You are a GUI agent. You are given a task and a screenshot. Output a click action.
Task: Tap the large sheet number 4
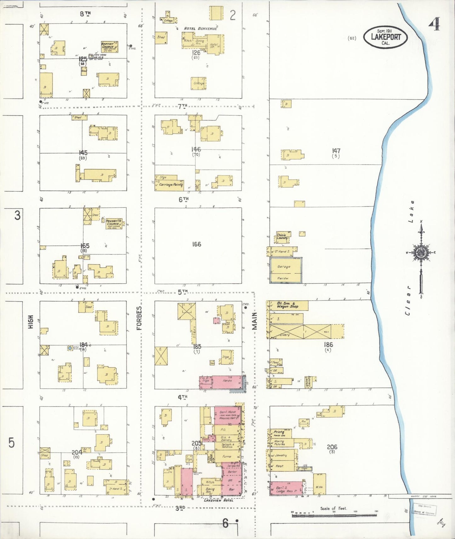[434, 24]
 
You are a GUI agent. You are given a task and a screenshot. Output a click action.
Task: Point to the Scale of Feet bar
[334, 515]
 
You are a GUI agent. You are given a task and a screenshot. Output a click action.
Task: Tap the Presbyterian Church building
[114, 224]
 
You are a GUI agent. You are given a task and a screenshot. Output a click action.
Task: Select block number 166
[196, 244]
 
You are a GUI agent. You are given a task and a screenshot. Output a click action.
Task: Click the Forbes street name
[139, 318]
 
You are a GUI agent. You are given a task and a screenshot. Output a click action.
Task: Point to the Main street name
[254, 321]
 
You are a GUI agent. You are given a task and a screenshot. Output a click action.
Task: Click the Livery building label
[284, 335]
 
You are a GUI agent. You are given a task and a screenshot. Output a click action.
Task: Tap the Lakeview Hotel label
[218, 500]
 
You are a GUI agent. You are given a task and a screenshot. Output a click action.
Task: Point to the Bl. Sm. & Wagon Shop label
[287, 305]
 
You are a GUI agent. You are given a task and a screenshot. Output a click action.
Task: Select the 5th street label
[183, 292]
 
